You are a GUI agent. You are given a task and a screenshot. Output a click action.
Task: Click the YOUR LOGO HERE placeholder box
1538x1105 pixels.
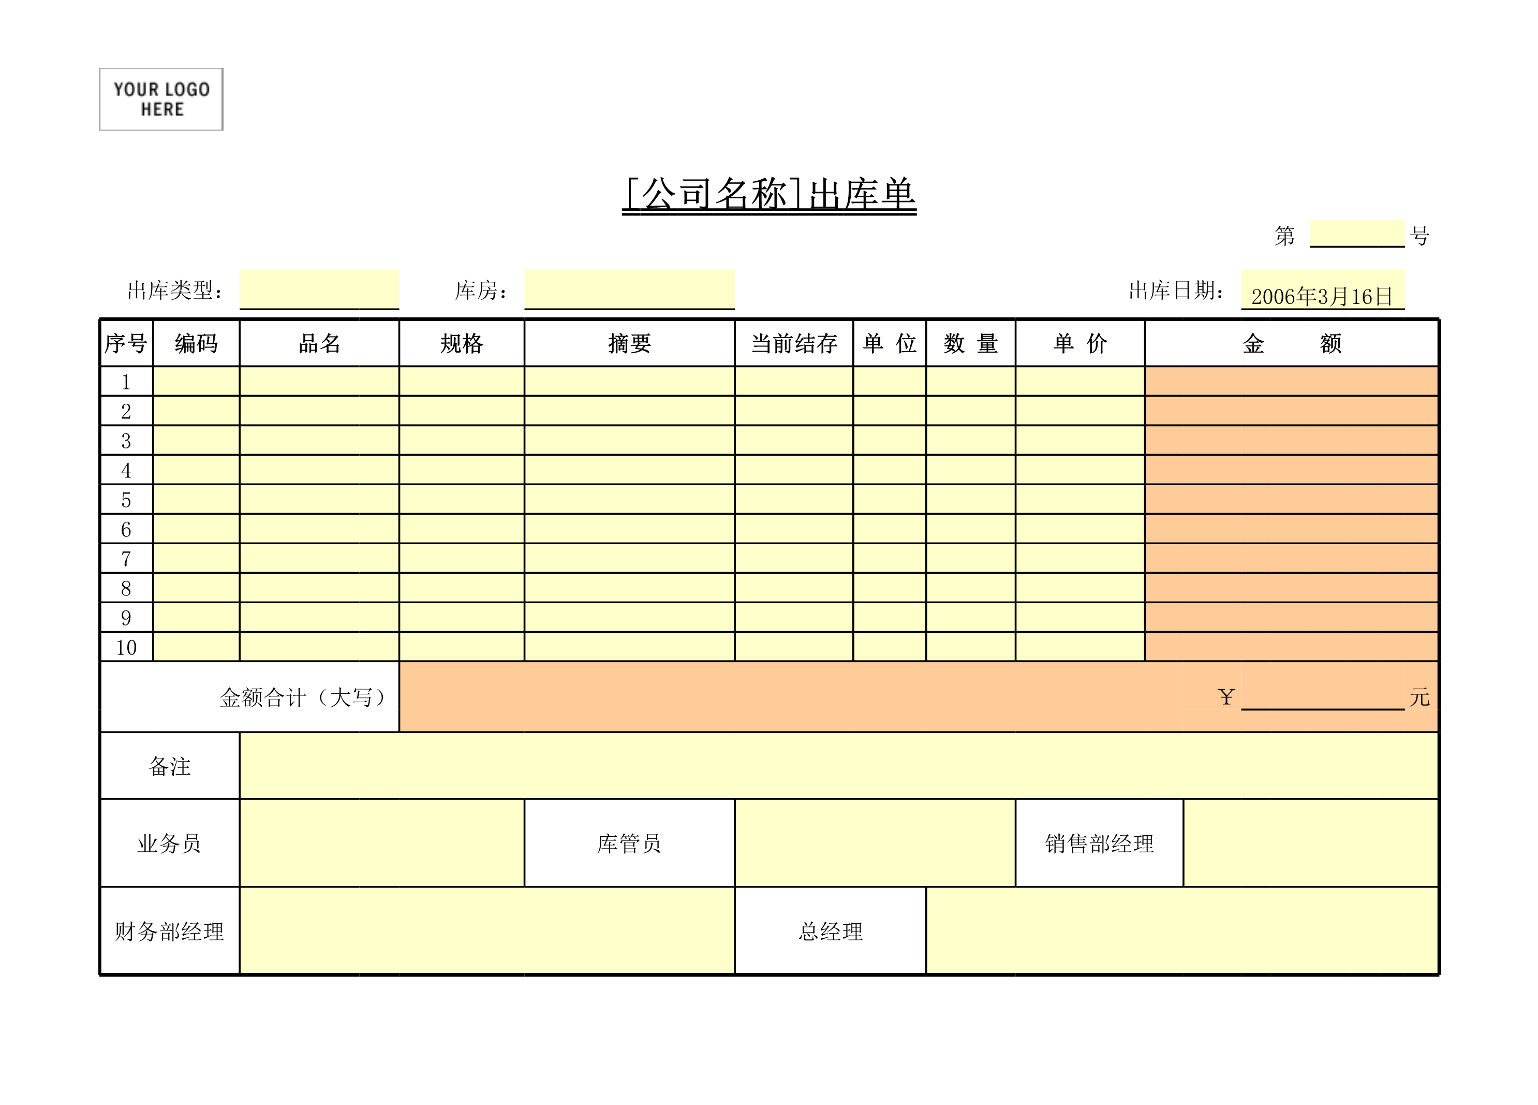161,99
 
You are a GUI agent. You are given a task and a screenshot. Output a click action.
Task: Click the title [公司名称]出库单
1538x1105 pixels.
769,195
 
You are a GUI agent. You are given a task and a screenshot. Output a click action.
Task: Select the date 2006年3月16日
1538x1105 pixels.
1322,296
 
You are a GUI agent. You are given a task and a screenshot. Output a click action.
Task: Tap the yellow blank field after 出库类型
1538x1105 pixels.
319,289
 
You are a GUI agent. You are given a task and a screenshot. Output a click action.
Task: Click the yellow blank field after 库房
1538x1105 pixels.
629,289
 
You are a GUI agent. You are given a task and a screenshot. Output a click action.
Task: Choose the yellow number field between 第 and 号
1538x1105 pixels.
1356,234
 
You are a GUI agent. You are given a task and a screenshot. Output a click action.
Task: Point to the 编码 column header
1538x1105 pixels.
196,343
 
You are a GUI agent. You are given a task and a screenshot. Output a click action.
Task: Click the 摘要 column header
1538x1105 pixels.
629,343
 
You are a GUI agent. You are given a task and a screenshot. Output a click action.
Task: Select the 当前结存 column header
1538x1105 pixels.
793,343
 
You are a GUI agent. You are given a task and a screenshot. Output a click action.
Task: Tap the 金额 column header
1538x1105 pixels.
1291,343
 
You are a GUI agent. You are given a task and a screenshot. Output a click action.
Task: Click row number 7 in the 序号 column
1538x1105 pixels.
126,559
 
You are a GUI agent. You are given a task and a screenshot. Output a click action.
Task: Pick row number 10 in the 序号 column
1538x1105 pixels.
126,647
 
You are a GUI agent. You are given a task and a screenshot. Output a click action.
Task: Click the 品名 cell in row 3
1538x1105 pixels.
319,440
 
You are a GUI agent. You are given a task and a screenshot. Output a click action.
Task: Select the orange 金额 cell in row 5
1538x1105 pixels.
1291,499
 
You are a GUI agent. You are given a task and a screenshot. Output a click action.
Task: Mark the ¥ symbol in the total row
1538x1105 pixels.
1226,696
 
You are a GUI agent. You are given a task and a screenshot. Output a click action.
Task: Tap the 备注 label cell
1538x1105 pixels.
170,766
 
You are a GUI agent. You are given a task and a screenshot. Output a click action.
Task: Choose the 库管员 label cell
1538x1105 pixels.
629,843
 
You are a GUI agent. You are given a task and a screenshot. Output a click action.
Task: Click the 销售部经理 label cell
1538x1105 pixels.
1099,843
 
